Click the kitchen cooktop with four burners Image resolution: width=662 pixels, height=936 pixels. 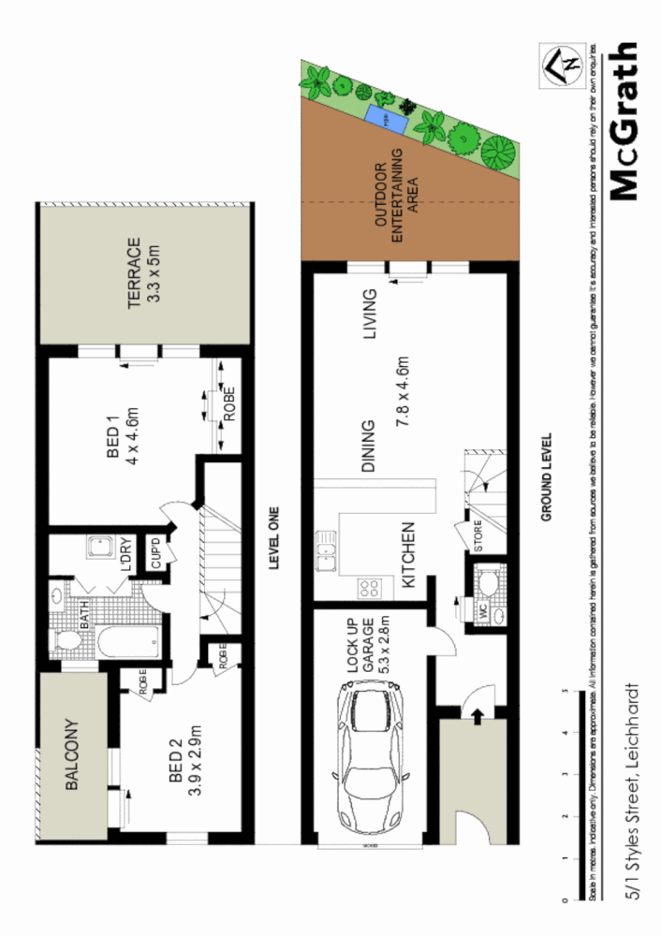pos(368,589)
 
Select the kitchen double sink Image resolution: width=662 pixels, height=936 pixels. pos(327,551)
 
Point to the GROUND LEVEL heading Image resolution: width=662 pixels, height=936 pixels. pos(548,476)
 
